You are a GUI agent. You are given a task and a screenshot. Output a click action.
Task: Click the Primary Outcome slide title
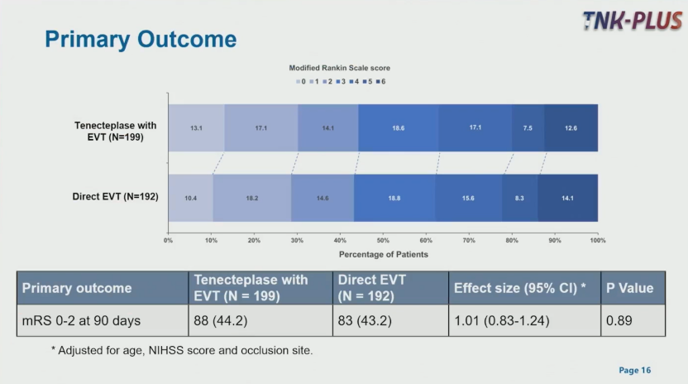click(140, 39)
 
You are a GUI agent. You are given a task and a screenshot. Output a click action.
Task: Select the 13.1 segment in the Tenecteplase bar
click(196, 128)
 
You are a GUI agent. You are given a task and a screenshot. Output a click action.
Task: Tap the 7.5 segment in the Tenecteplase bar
click(528, 128)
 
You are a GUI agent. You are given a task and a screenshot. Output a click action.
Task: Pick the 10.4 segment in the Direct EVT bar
click(190, 198)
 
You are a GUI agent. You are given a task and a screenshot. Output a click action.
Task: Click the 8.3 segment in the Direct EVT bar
click(519, 198)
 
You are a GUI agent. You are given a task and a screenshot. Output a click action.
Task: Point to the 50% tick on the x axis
click(383, 240)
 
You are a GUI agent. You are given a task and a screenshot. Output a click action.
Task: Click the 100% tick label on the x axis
click(597, 240)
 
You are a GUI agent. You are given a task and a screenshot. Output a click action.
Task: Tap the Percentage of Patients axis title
click(383, 254)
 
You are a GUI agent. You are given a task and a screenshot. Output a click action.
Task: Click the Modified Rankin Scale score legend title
click(339, 67)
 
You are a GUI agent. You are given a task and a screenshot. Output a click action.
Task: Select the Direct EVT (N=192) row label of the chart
click(115, 197)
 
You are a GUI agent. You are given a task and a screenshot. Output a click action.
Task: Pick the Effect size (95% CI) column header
click(520, 288)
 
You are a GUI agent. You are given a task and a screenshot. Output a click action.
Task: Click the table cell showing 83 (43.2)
click(363, 320)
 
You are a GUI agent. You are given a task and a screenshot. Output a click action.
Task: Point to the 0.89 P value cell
click(619, 320)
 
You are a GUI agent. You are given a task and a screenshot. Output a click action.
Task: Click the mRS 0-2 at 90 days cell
click(81, 320)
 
